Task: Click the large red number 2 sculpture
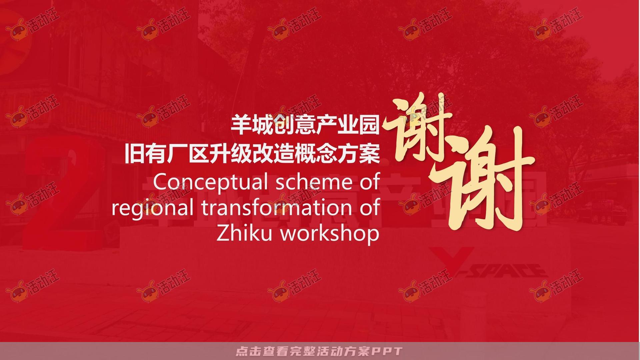(x=63, y=193)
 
